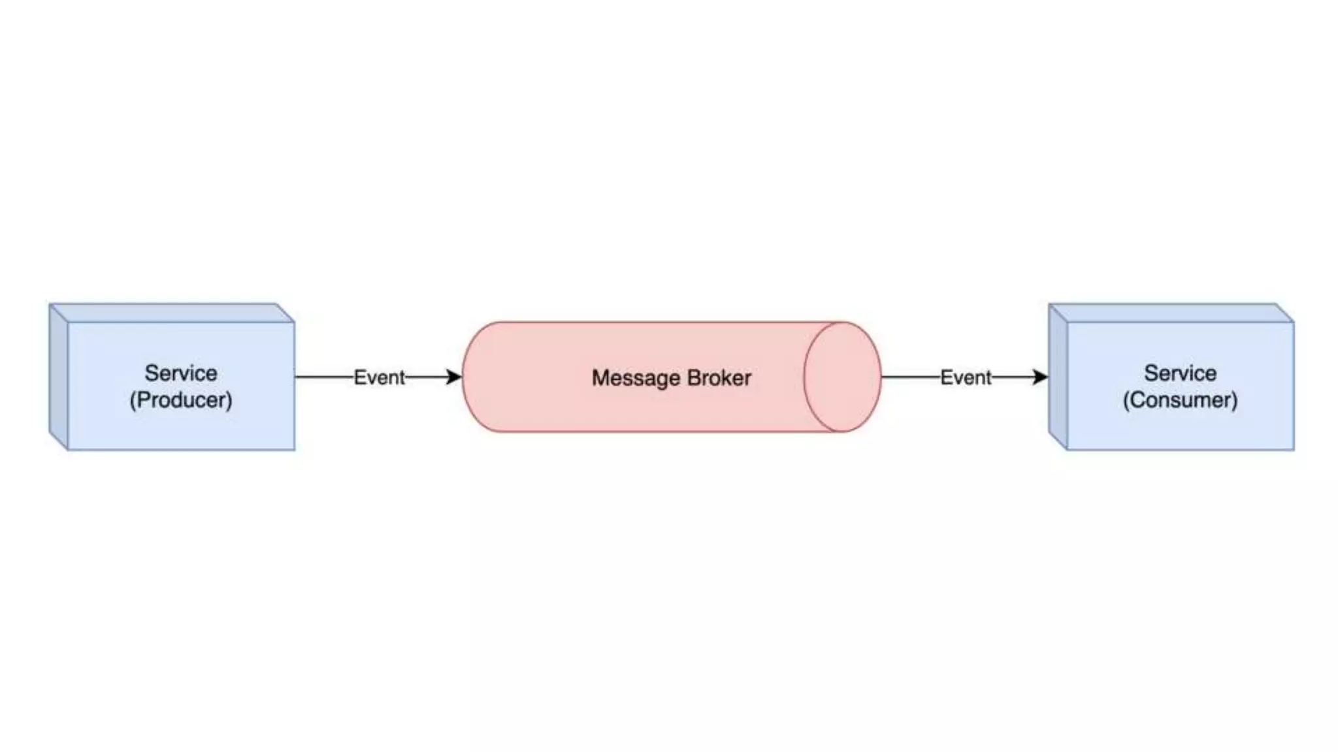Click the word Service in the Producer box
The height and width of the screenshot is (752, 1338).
pos(181,373)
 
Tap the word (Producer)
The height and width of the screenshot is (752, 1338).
pos(181,399)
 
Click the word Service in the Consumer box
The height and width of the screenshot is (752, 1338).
pos(1180,373)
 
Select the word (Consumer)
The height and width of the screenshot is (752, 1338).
pos(1180,399)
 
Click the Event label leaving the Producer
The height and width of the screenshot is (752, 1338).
pos(379,377)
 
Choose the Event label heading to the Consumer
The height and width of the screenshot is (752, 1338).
pos(966,377)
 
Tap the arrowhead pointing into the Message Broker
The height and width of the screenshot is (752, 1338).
pos(454,377)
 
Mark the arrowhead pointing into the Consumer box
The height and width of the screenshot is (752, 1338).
pos(1041,377)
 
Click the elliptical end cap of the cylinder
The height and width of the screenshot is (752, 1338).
pos(842,377)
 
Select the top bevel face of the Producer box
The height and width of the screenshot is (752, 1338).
pos(172,313)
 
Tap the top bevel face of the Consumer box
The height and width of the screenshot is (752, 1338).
pos(1171,313)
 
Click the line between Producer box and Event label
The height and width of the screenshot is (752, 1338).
pos(324,377)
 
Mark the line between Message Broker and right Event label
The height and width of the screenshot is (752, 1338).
pos(910,377)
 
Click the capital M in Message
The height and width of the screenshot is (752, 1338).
pos(600,378)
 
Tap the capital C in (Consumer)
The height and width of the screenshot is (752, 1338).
pos(1137,399)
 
